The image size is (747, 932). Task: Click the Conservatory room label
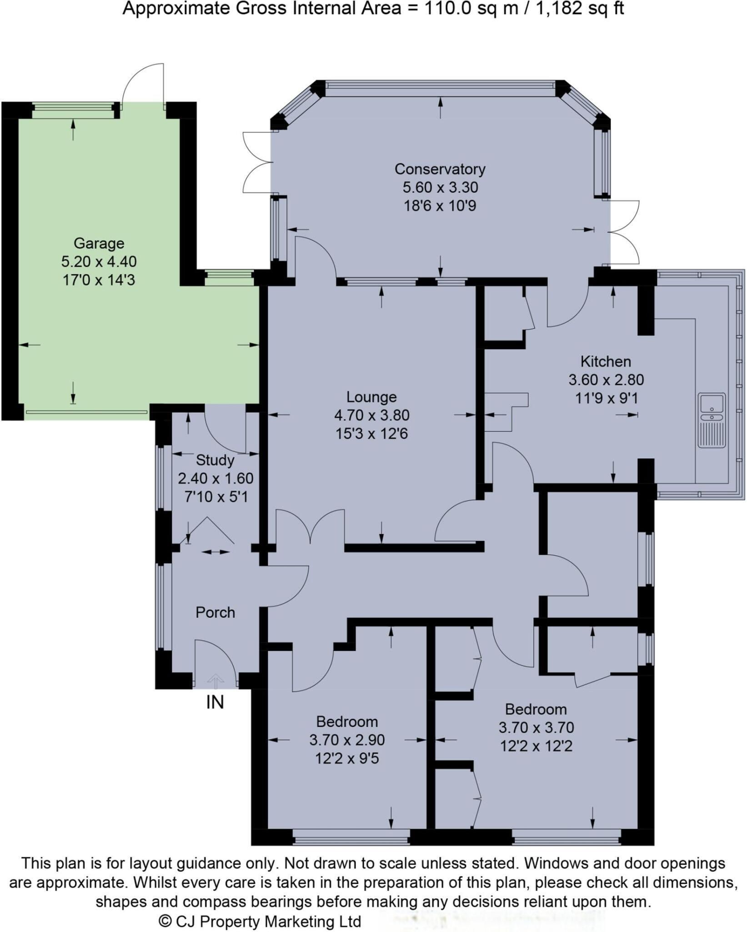(440, 169)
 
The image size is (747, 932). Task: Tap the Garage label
(99, 243)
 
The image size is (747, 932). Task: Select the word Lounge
(371, 397)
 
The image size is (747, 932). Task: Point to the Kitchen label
(606, 362)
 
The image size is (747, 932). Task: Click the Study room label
(215, 460)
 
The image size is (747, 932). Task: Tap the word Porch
(215, 613)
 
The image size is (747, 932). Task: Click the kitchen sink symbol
(712, 420)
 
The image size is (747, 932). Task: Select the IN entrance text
(215, 702)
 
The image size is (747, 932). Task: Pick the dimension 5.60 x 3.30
(440, 187)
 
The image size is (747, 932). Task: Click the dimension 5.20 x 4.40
(99, 262)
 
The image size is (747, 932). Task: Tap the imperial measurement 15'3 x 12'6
(371, 434)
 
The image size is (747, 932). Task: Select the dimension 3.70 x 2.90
(347, 740)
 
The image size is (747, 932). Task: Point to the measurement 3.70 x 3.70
(536, 727)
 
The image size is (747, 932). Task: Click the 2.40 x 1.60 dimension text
(215, 478)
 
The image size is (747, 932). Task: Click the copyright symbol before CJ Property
(165, 922)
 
